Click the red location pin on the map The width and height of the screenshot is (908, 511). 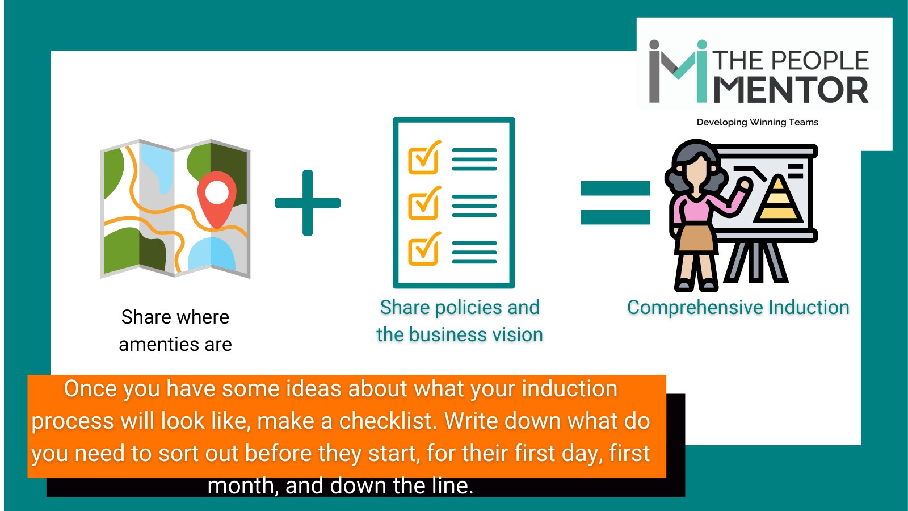217,195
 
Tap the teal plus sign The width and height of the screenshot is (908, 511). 308,203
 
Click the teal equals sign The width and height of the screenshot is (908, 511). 615,203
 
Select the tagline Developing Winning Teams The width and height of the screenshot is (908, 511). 757,122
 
